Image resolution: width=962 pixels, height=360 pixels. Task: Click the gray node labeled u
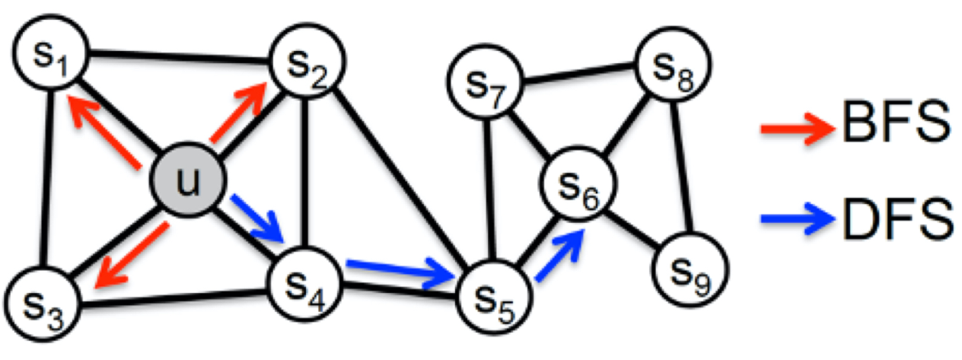click(187, 180)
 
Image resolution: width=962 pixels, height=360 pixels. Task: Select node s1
click(52, 52)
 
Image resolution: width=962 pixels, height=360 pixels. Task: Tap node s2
click(307, 62)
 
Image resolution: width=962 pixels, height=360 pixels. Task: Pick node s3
click(43, 303)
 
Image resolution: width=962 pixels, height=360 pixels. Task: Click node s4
click(304, 285)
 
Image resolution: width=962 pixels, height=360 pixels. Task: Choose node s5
click(494, 297)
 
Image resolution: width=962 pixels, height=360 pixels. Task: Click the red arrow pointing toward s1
click(105, 132)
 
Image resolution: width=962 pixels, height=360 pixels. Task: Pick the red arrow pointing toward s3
click(132, 255)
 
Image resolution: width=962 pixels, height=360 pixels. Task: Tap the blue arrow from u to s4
click(258, 219)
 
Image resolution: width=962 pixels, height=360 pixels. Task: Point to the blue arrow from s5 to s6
click(559, 255)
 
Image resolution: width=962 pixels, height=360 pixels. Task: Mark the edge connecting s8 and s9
click(681, 167)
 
